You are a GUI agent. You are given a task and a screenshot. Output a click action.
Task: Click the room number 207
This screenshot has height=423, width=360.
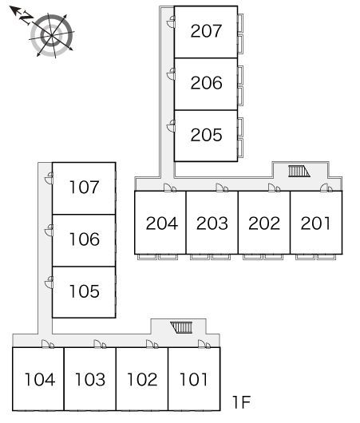[x=206, y=31]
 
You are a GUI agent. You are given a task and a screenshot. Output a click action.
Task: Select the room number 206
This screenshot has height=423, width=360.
[x=206, y=83]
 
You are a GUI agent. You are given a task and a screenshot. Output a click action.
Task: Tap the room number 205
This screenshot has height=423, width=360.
[x=206, y=135]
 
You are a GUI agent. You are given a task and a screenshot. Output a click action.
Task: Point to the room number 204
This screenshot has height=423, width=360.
[x=162, y=223]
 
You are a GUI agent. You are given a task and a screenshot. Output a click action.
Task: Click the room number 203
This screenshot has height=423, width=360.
[x=212, y=223]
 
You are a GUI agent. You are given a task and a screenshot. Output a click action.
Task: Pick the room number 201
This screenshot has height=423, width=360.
[x=315, y=223]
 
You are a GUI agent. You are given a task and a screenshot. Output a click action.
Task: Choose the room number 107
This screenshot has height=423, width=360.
[x=84, y=188]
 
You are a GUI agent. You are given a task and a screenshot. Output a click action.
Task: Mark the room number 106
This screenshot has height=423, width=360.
[x=84, y=239]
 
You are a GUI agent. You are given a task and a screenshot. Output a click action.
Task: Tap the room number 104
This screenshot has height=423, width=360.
[x=40, y=379]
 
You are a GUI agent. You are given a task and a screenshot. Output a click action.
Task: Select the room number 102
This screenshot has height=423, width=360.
[x=142, y=379]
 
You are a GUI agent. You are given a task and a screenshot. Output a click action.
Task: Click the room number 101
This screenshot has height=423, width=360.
[x=193, y=379]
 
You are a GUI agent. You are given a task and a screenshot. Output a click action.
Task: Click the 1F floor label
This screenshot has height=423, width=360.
[x=242, y=402]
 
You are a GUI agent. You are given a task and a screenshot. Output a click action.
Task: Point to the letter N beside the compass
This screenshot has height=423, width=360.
[x=26, y=18]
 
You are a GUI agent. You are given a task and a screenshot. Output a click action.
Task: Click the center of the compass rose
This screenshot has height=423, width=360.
[x=52, y=36]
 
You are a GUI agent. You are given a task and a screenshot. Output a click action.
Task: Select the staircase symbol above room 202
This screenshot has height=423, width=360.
[x=299, y=172]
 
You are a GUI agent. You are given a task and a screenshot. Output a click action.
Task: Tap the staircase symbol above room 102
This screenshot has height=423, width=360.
[x=181, y=327]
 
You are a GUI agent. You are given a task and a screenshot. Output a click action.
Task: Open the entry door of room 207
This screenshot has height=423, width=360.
[x=171, y=22]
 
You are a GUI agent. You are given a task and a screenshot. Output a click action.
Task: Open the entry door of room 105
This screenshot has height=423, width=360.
[x=49, y=283]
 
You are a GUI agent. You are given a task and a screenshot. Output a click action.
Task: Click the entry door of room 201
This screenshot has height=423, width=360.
[x=326, y=188]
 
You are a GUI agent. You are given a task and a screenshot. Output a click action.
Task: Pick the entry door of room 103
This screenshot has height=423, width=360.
[x=100, y=344]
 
